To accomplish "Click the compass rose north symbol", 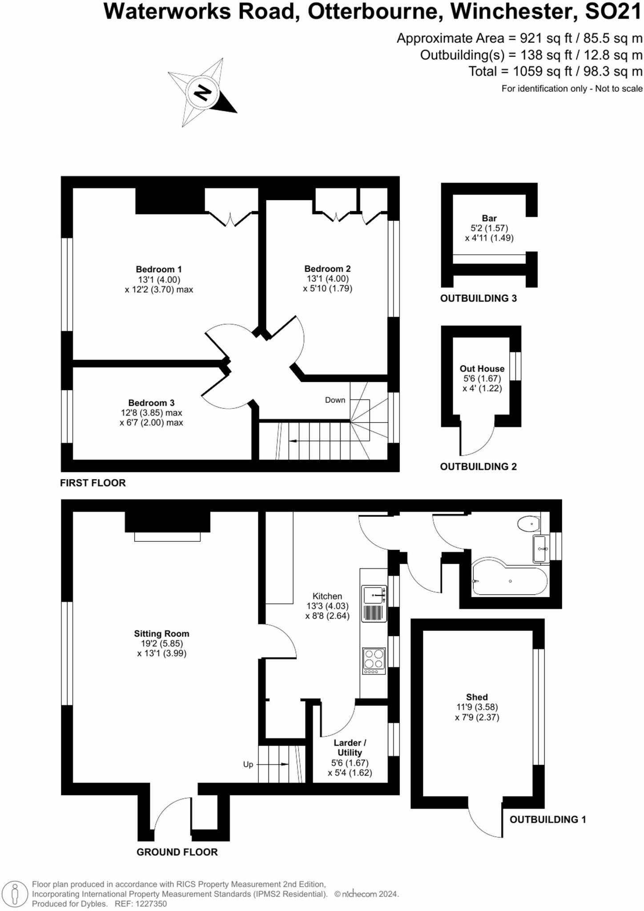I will pos(202,93).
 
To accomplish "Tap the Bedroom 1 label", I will pos(159,269).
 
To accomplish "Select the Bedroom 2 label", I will pos(327,269).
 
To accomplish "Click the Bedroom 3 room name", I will pos(151,403).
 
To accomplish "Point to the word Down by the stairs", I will pos(335,400).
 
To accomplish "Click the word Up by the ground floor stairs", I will pos(248,764).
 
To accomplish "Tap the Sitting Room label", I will pos(161,633).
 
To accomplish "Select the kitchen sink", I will pos(373,595).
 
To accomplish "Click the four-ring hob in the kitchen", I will pos(374,659).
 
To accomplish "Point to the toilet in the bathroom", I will pos(529,524).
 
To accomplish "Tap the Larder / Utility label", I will pos(350,747).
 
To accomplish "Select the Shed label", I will pos(477,697).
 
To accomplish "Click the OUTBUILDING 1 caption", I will pos(547,819).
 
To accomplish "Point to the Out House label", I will pos(482,368).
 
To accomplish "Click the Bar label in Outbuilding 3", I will pos(489,218).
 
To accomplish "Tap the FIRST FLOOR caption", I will pos(93,483).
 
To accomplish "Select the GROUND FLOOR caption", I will pos(177,852).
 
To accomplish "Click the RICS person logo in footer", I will pos(15,894).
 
